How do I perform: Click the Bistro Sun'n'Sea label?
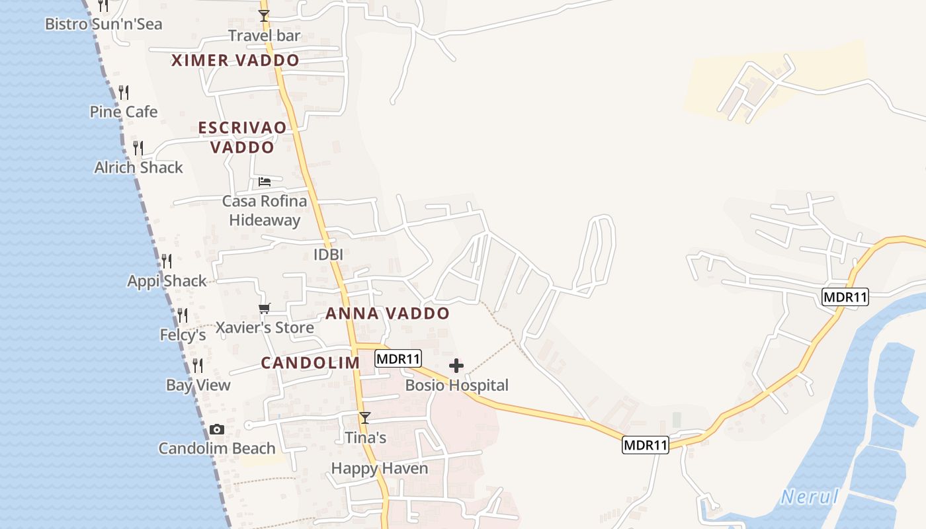pos(103,24)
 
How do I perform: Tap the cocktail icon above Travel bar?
pos(264,15)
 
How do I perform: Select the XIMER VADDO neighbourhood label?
pos(235,60)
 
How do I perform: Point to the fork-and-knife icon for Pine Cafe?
pos(123,92)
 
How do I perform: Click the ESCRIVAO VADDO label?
pos(243,137)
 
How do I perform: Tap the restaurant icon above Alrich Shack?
pos(138,147)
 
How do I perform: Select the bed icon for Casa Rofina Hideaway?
pos(265,181)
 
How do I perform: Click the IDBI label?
pos(329,255)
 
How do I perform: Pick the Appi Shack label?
pos(167,281)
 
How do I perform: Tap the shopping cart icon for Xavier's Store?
pos(265,308)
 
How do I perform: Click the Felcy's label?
pos(183,335)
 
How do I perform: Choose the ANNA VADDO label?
pos(388,313)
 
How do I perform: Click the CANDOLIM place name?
pos(310,363)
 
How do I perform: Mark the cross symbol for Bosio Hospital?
pos(456,366)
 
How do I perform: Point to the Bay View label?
pos(198,385)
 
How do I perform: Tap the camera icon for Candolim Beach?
pos(216,429)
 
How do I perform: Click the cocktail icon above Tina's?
pos(364,417)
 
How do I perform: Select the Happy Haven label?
pos(380,469)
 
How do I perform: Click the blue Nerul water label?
pos(809,497)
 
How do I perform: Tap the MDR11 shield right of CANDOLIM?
pos(398,359)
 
